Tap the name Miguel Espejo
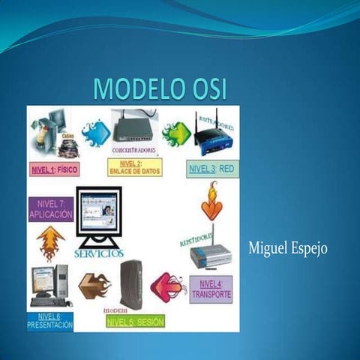287,248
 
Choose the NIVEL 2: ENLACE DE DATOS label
135,167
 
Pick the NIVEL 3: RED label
212,169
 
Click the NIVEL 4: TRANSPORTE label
211,289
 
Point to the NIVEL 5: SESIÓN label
135,321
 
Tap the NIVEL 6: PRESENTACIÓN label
50,322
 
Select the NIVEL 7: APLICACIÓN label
50,209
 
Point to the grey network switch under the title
135,128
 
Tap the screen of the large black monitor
100,210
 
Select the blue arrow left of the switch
96,133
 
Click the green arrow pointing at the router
177,133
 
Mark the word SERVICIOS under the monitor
99,253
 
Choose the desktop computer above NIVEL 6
51,285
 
